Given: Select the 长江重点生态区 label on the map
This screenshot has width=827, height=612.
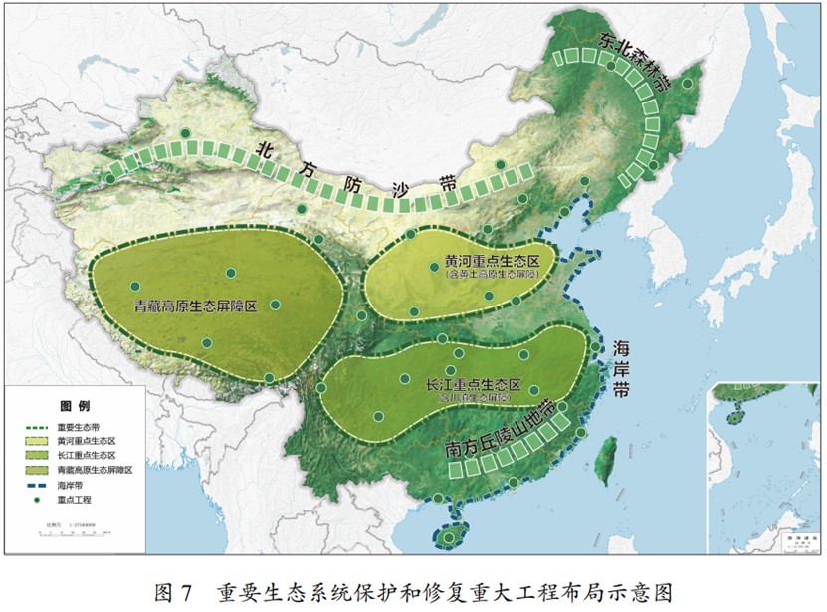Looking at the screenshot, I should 474,384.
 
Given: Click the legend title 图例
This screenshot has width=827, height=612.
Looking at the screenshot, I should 75,406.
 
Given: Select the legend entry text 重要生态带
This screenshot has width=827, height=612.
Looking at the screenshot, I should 77,426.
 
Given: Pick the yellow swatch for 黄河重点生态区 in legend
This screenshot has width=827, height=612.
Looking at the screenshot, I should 36,440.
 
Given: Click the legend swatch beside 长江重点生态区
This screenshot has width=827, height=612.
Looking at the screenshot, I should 36,454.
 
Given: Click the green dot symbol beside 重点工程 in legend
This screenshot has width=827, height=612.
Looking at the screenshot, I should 36,498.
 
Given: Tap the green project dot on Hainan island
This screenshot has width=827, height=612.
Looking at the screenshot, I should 449,540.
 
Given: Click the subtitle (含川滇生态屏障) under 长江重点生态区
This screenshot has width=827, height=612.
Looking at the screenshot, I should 474,397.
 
